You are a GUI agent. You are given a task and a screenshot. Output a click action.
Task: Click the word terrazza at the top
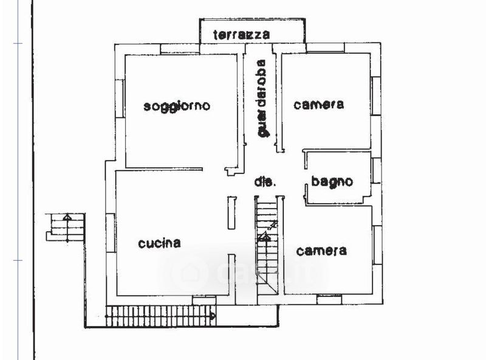tap(241, 35)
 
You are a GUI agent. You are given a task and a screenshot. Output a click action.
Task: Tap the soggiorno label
tap(177, 106)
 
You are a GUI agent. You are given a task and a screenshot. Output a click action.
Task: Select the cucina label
tap(159, 243)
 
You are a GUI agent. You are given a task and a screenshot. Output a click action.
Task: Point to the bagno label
tap(332, 181)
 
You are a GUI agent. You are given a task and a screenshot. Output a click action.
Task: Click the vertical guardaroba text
tap(262, 99)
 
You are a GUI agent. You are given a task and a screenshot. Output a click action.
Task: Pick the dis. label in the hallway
tap(265, 182)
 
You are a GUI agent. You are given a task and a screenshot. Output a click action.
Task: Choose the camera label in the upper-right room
tap(318, 105)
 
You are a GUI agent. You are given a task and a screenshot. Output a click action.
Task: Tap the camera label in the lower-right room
tap(321, 251)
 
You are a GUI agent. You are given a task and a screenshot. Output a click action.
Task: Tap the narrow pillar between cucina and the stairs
tap(231, 212)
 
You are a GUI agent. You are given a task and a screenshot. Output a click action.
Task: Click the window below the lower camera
tap(329, 299)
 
